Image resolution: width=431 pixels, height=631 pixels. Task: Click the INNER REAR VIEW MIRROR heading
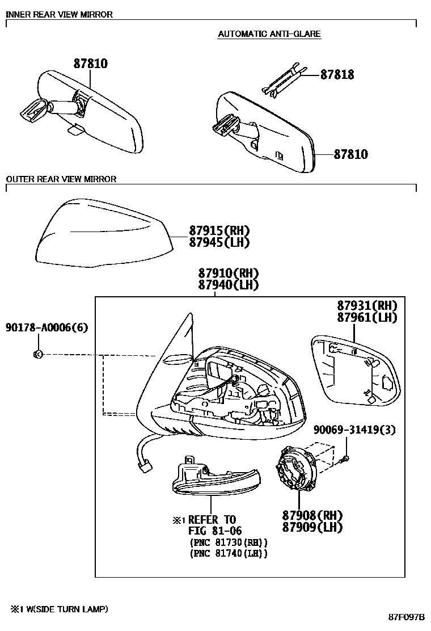tap(59, 15)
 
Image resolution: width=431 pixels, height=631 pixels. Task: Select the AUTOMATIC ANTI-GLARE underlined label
tap(269, 34)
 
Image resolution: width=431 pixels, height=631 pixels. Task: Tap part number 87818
tap(337, 75)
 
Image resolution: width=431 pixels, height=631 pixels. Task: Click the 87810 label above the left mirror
tap(90, 64)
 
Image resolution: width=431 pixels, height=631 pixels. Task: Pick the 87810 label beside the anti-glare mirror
tap(350, 154)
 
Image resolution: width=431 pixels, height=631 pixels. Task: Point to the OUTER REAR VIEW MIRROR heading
tap(61, 179)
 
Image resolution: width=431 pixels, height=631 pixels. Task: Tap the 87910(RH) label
tap(229, 273)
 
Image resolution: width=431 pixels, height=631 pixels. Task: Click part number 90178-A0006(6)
tap(47, 328)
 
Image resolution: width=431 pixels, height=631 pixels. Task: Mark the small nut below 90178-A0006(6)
tap(38, 355)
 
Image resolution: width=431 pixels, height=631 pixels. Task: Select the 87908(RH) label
tap(312, 515)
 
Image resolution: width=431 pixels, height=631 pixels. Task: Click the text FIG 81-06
tap(215, 531)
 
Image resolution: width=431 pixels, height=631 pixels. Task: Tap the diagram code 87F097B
tap(406, 616)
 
